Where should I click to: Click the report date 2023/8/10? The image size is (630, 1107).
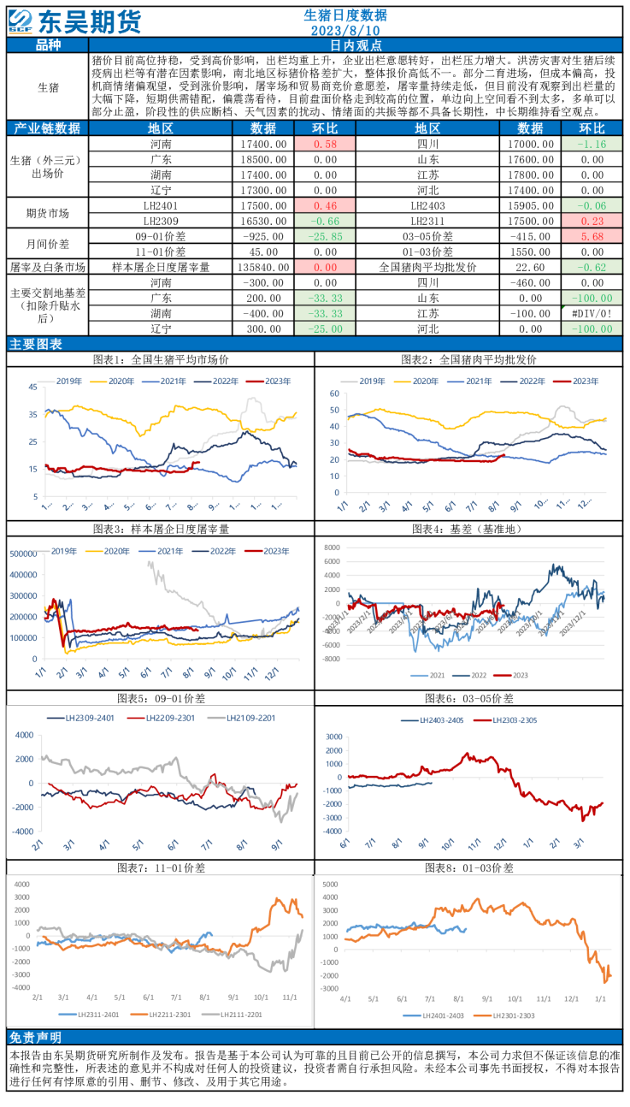click(344, 30)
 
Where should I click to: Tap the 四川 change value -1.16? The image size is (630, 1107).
click(591, 144)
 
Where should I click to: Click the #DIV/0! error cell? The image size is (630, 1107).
click(591, 312)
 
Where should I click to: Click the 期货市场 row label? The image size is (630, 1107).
click(48, 212)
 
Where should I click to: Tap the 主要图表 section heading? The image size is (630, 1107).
click(36, 344)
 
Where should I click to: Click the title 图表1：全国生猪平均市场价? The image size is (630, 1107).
click(160, 359)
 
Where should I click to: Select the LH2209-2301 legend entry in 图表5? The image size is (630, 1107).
click(170, 717)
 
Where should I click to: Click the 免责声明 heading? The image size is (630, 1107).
click(36, 1037)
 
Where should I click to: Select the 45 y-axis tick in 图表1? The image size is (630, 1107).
click(32, 388)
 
